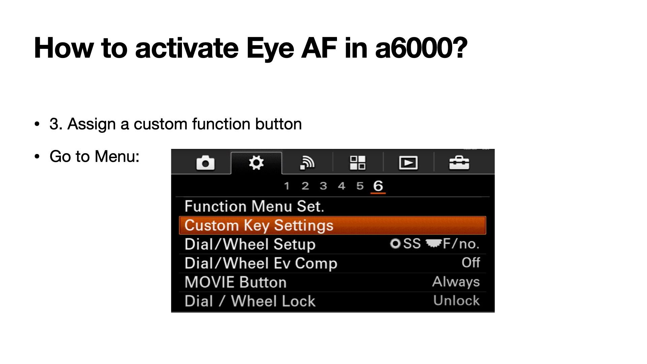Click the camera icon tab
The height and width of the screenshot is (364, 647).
(205, 163)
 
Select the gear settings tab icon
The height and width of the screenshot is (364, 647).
(256, 163)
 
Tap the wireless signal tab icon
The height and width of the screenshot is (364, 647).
(307, 163)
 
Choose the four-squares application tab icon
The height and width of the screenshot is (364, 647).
(358, 163)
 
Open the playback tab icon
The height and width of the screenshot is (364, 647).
(408, 163)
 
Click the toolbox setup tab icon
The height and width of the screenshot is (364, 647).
(459, 163)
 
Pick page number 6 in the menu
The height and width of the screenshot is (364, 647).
(378, 186)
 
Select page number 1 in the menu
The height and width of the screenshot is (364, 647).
(287, 186)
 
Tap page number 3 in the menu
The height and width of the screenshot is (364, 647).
(323, 186)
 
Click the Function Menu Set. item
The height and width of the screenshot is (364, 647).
(254, 206)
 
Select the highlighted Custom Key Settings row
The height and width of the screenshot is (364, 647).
(333, 225)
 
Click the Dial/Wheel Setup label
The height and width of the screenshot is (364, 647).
(250, 244)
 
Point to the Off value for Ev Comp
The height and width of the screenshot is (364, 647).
(471, 263)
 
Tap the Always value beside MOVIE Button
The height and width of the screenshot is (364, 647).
(456, 282)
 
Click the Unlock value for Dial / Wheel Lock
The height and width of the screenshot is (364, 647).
(457, 301)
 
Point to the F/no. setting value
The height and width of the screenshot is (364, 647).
(461, 244)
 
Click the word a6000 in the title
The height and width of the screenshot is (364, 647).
(421, 48)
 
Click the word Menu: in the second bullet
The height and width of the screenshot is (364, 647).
(117, 156)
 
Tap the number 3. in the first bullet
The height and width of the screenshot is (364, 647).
(56, 124)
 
